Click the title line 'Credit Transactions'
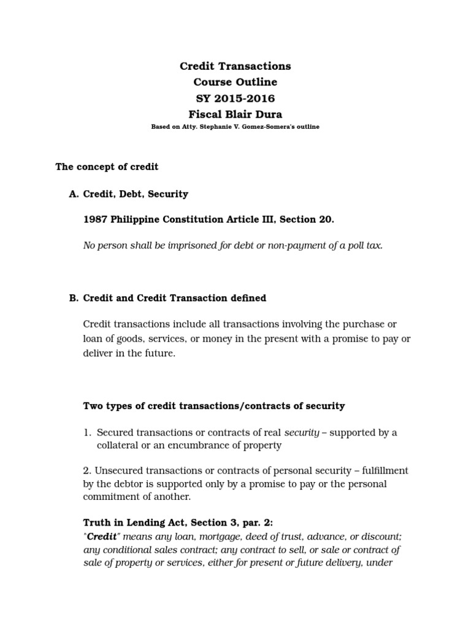[235, 66]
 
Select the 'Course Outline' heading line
[235, 82]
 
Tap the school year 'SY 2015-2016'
[235, 98]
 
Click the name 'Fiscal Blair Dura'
[235, 114]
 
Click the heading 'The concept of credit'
[107, 166]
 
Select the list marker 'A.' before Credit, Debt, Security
[74, 194]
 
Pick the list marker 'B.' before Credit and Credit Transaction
[74, 298]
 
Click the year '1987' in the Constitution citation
[94, 220]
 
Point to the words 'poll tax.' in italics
[364, 246]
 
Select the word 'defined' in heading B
[248, 298]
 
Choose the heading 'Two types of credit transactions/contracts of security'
[214, 406]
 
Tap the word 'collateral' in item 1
[118, 445]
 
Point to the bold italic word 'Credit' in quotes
[101, 535]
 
